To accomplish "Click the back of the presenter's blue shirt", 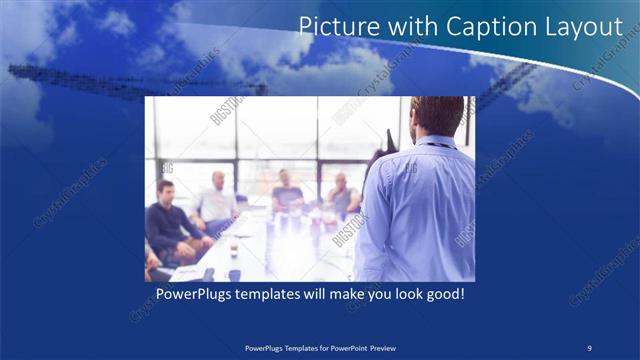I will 420,210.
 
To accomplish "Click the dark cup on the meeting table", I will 234,274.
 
